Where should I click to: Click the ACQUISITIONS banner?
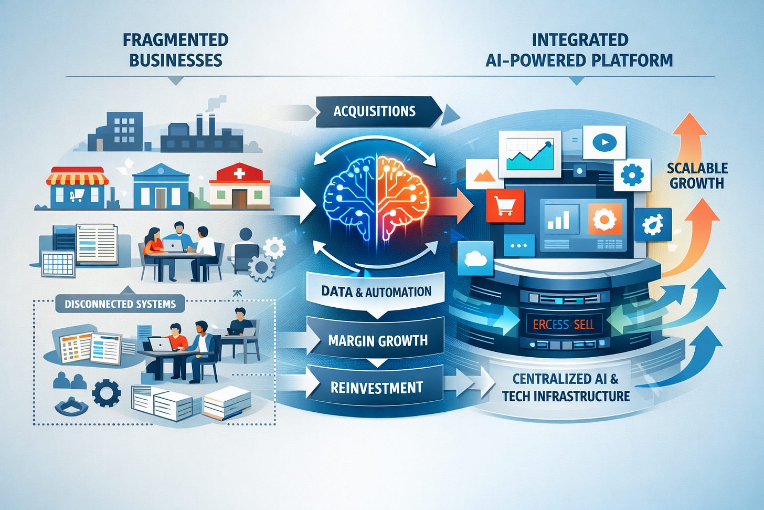click(x=375, y=111)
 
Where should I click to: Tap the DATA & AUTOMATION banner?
click(x=376, y=292)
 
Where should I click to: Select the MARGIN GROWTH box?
click(x=377, y=340)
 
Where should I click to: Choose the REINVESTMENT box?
click(x=376, y=388)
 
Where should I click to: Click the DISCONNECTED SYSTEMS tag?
click(x=120, y=304)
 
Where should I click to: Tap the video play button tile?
click(x=604, y=142)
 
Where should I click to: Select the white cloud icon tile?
click(x=475, y=258)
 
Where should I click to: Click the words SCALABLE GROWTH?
click(x=697, y=176)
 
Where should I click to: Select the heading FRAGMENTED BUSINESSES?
click(x=175, y=50)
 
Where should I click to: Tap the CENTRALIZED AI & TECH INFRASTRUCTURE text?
click(x=566, y=387)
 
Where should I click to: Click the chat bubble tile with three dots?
click(x=519, y=246)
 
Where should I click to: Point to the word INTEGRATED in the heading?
click(x=580, y=40)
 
